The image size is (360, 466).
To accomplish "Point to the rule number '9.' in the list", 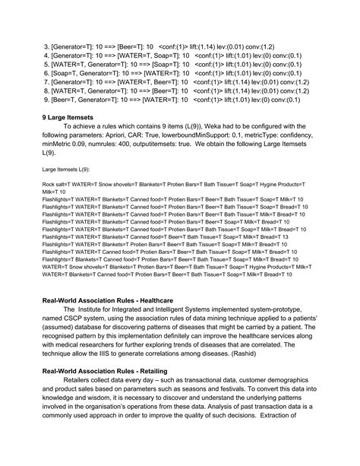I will coord(46,100).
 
